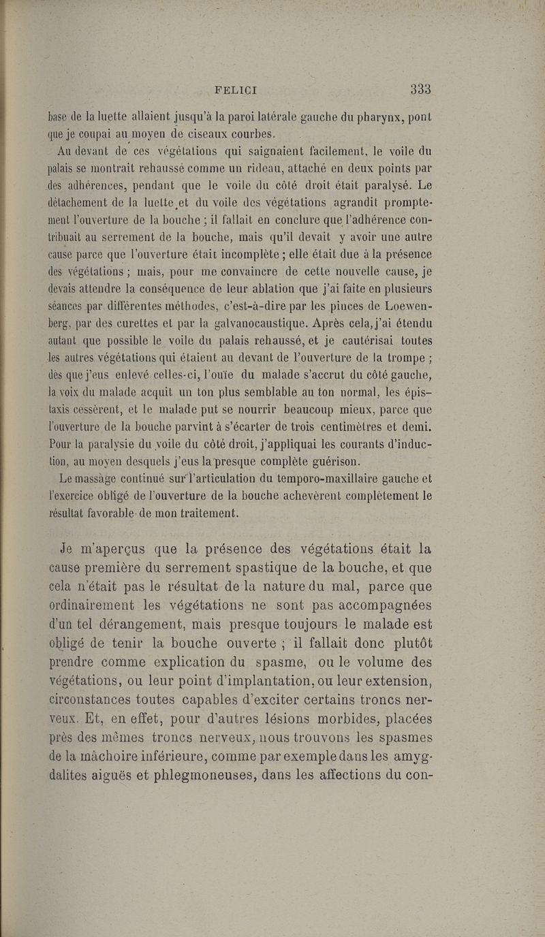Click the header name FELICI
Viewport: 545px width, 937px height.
(x=235, y=89)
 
